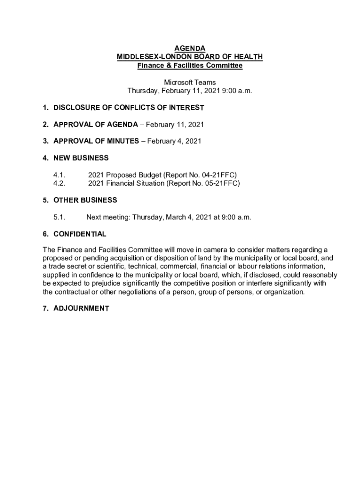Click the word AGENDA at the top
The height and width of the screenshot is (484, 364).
(x=190, y=48)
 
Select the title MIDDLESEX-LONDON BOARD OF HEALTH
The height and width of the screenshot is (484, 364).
(x=190, y=57)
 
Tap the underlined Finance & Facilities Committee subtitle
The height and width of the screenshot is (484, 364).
(x=190, y=65)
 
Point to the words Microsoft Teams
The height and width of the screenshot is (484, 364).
(x=190, y=82)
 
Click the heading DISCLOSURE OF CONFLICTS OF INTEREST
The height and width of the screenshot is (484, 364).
(x=129, y=108)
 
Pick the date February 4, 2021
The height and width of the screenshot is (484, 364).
(x=174, y=141)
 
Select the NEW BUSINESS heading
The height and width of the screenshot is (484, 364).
(x=81, y=158)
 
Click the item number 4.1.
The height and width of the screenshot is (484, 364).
(x=59, y=175)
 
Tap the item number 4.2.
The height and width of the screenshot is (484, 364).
(x=59, y=183)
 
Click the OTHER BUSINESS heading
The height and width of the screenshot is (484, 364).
(x=85, y=200)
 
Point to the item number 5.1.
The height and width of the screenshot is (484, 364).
(x=59, y=217)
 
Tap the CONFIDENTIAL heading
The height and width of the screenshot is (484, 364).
(x=80, y=234)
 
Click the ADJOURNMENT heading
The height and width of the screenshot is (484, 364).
(x=81, y=309)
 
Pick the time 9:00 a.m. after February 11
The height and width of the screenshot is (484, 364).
(x=236, y=91)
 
